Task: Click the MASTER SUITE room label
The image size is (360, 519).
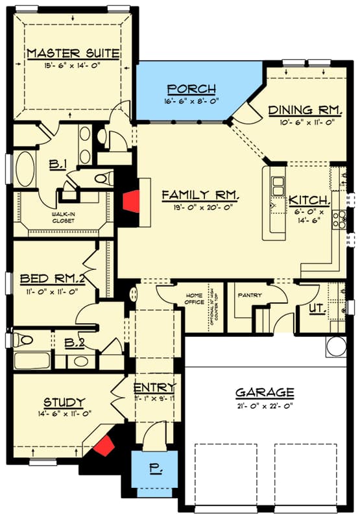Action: click(73, 52)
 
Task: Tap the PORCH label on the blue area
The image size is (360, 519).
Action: click(191, 89)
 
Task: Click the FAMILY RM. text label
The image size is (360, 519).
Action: click(201, 195)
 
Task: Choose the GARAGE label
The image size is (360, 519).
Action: click(265, 392)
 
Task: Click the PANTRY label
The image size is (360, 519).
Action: click(250, 295)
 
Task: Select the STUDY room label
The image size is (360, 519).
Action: click(64, 402)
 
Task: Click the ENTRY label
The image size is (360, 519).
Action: click(154, 388)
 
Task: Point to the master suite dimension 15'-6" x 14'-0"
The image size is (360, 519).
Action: click(73, 64)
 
